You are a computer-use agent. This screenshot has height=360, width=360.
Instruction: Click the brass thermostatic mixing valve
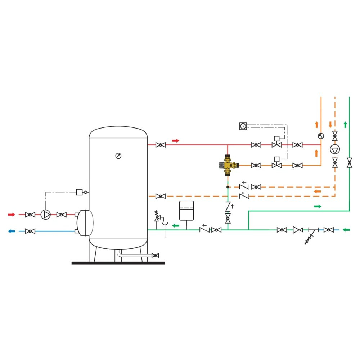[228, 165]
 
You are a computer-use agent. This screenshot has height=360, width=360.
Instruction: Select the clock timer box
[243, 126]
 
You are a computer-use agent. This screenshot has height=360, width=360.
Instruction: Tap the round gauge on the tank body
[118, 156]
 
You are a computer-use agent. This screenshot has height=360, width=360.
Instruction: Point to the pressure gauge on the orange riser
[321, 136]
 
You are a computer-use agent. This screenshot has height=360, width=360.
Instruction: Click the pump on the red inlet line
[46, 215]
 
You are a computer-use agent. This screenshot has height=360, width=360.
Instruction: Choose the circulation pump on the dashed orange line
[335, 149]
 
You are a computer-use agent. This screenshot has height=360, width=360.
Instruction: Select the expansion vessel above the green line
[186, 210]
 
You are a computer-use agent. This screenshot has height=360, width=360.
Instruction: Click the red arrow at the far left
[12, 215]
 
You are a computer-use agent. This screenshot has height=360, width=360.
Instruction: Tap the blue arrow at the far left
[12, 231]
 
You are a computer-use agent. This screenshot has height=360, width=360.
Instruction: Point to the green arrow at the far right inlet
[346, 230]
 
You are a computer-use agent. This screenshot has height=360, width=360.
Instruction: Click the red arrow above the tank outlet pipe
[175, 140]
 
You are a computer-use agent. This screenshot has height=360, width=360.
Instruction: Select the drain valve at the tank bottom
[155, 255]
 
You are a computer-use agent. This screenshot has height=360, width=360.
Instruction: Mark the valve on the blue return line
[30, 231]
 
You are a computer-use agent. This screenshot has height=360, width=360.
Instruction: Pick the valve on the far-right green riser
[349, 162]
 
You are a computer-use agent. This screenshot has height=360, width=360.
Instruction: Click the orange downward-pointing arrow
[330, 125]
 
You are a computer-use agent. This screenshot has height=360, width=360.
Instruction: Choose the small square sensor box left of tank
[80, 192]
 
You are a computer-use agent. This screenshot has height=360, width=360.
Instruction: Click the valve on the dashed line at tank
[161, 196]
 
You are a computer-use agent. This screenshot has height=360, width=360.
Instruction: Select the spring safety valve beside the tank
[157, 216]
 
